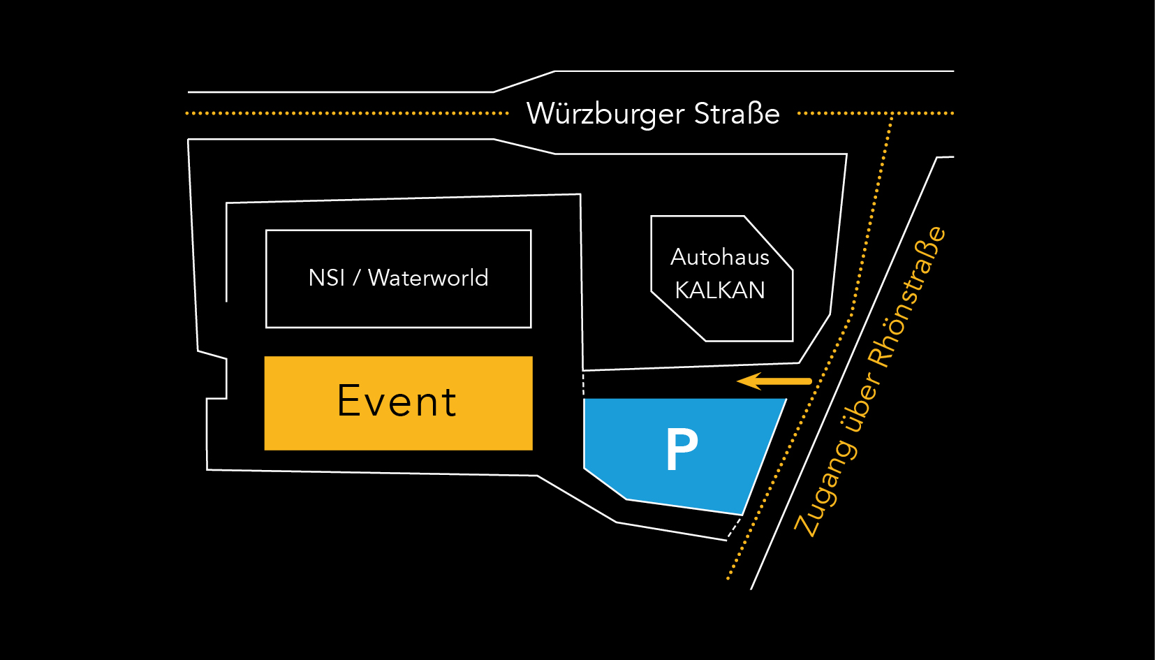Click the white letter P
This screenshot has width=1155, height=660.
pos(682,449)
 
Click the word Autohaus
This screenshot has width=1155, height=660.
pos(720,257)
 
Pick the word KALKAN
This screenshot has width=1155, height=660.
pos(720,290)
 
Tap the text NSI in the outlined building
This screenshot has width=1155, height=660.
pos(326,278)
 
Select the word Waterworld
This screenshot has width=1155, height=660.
pos(428,278)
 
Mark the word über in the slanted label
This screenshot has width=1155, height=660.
pos(863,398)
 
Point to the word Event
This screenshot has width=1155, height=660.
pos(397,402)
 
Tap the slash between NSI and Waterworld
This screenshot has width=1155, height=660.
pos(356,278)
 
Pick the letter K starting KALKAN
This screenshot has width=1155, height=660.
pos(682,290)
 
